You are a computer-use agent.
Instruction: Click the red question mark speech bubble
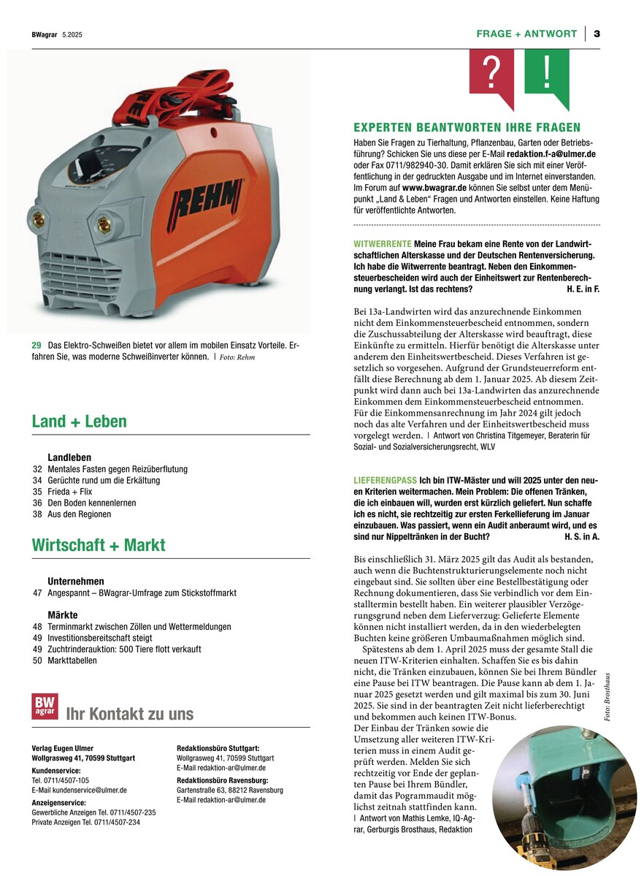(491, 74)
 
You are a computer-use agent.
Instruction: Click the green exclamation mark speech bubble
(547, 74)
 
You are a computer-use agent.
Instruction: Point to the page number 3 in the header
(597, 34)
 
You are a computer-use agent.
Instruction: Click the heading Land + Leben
(79, 422)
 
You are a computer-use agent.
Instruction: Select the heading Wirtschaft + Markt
(99, 545)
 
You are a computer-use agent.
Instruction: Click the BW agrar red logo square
(45, 706)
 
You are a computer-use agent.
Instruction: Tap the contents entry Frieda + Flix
(72, 492)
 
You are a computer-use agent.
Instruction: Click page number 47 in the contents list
(37, 593)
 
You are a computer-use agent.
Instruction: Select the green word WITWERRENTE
(382, 243)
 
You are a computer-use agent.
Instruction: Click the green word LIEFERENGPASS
(386, 480)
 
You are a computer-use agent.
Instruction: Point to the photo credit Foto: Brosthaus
(607, 698)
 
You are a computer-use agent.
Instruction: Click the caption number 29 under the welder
(36, 345)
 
